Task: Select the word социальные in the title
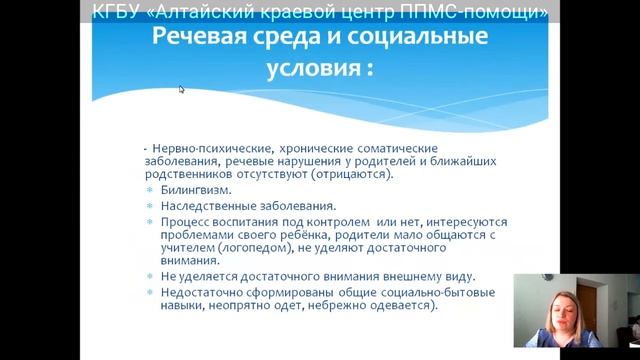click(x=421, y=38)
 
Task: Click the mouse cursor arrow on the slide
click(x=182, y=89)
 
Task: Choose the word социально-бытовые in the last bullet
click(x=434, y=293)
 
